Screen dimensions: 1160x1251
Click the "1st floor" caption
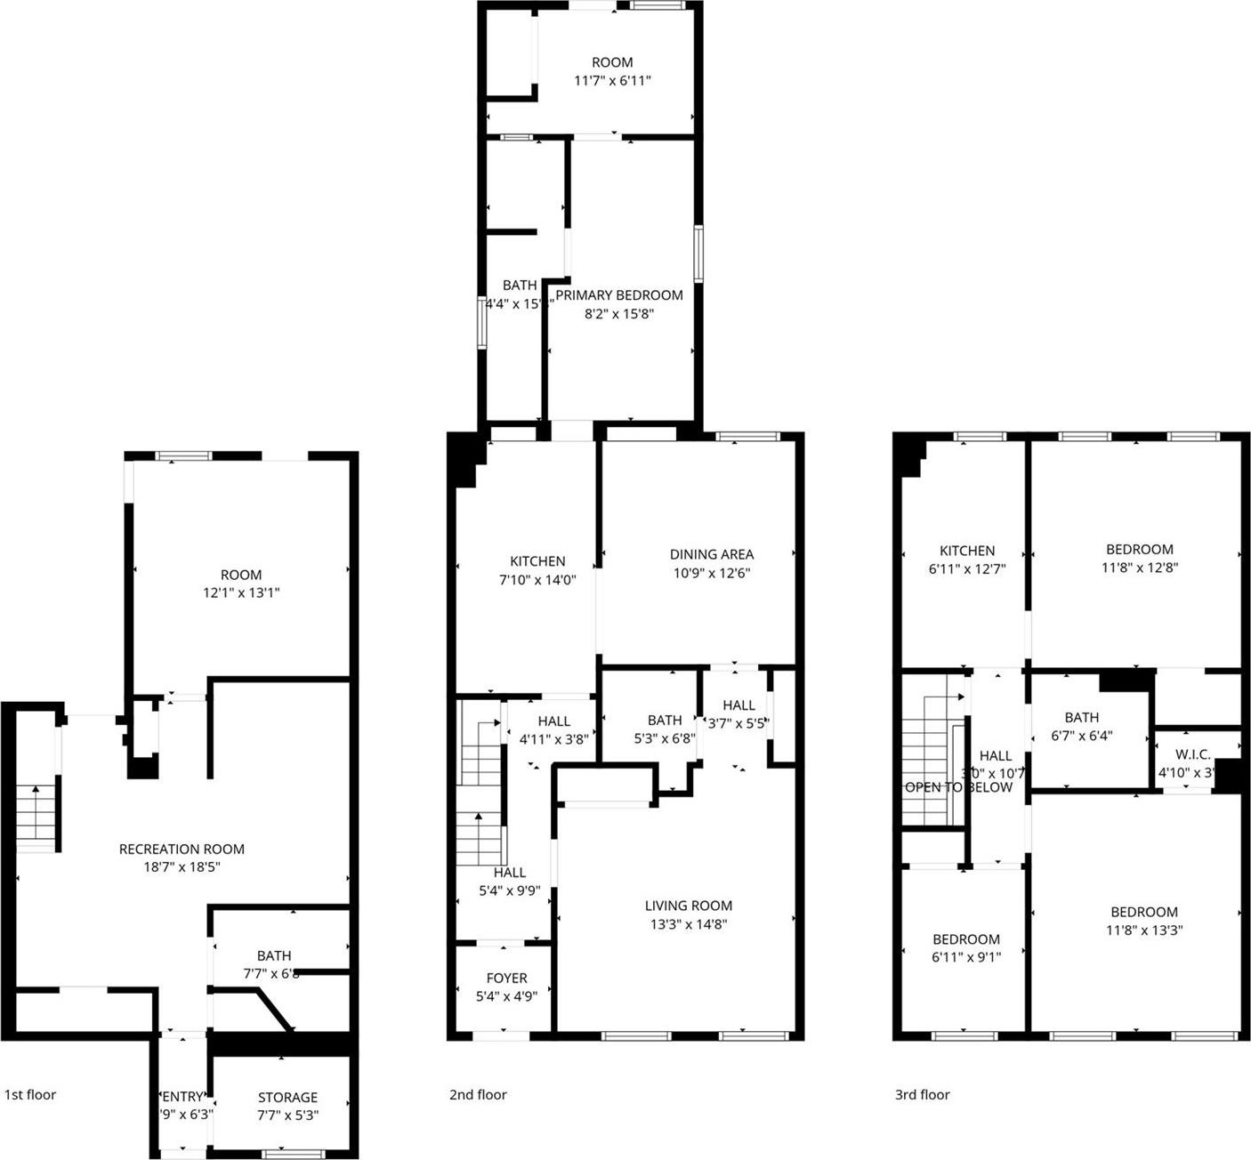coord(30,1094)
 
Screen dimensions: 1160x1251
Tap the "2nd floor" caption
coord(478,1094)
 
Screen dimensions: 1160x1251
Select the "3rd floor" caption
coord(922,1094)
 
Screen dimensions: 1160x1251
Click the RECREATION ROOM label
coord(182,849)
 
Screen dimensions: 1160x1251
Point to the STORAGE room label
coord(287,1097)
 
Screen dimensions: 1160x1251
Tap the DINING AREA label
coord(712,554)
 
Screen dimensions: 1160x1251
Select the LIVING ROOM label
coord(689,906)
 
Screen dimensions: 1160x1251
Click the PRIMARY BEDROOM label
coord(619,295)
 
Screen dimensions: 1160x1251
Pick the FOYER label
coord(506,978)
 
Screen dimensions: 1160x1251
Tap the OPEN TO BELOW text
coord(958,787)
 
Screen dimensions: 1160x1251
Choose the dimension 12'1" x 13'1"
coord(241,592)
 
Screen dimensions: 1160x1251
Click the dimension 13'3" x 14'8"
coord(689,924)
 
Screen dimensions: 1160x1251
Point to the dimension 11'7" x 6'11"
coord(612,80)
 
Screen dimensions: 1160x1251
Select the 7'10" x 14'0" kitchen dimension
coord(537,579)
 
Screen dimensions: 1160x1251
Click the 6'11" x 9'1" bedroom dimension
coord(966,957)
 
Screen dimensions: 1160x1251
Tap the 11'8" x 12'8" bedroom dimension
coord(1140,568)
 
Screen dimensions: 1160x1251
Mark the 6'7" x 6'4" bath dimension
coord(1081,736)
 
